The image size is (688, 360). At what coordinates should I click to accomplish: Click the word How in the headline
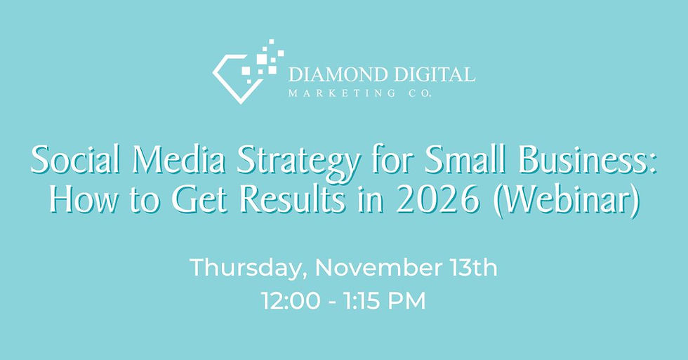(78, 201)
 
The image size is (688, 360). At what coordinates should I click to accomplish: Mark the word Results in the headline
(265, 201)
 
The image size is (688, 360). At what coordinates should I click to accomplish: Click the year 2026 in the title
(401, 201)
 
